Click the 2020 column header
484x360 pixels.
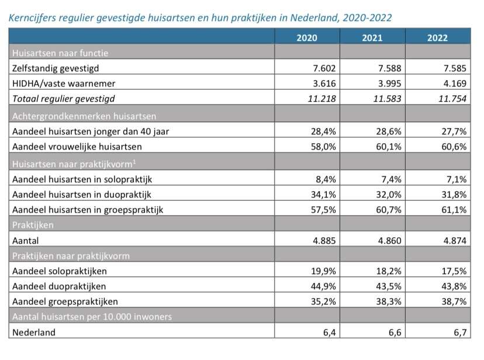click(x=307, y=38)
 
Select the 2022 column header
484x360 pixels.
click(x=437, y=38)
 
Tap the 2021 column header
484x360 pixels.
click(x=372, y=38)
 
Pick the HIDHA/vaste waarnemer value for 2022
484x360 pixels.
click(x=453, y=83)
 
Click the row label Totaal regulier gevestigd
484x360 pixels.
click(x=63, y=98)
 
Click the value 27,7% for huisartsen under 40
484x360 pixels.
click(x=454, y=131)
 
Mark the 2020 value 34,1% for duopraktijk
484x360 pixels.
click(x=323, y=194)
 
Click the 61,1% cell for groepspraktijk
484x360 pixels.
click(x=454, y=209)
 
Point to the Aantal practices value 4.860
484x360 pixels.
click(x=387, y=240)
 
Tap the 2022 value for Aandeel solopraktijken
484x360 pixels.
click(x=454, y=271)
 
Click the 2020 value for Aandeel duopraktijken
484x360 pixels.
click(x=323, y=286)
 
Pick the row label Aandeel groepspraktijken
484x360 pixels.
click(x=65, y=302)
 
